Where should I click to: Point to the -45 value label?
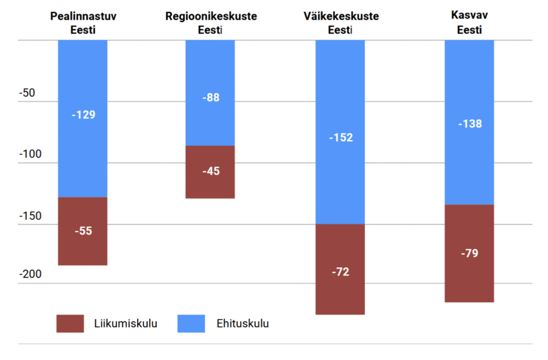pyautogui.click(x=211, y=172)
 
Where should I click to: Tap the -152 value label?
pyautogui.click(x=341, y=137)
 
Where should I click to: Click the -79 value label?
pyautogui.click(x=470, y=253)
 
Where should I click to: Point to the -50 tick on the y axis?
pyautogui.click(x=27, y=93)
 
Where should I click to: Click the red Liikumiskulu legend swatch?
pyautogui.click(x=70, y=324)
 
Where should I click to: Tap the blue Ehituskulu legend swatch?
pyautogui.click(x=191, y=324)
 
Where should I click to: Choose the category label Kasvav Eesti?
pyautogui.click(x=469, y=23)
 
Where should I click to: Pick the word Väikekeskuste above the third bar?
pyautogui.click(x=340, y=17)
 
